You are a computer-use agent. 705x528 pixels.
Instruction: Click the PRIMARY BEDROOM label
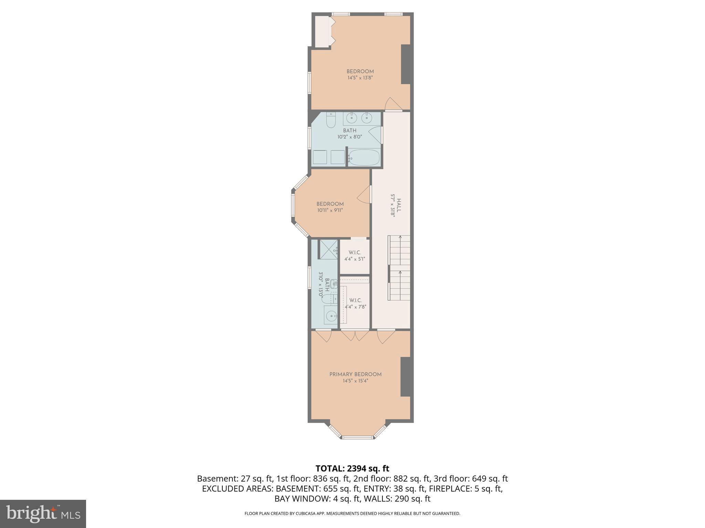[355, 374]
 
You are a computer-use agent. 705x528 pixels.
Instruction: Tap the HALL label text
[399, 205]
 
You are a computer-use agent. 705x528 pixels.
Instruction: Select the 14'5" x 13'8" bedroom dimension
[360, 78]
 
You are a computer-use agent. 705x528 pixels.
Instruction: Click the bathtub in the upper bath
[364, 158]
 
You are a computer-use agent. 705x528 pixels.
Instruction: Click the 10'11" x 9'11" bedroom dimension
[330, 210]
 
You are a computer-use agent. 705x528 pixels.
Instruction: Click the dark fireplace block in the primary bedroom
[406, 377]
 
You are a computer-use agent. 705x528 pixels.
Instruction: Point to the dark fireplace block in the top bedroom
[406, 64]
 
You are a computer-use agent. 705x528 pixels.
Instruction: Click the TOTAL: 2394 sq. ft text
[352, 469]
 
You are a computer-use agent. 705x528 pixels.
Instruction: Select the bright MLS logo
[43, 514]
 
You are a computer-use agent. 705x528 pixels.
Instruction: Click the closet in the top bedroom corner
[323, 32]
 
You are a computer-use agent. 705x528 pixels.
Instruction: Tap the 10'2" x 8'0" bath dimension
[349, 137]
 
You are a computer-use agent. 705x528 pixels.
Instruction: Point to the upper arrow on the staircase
[400, 237]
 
